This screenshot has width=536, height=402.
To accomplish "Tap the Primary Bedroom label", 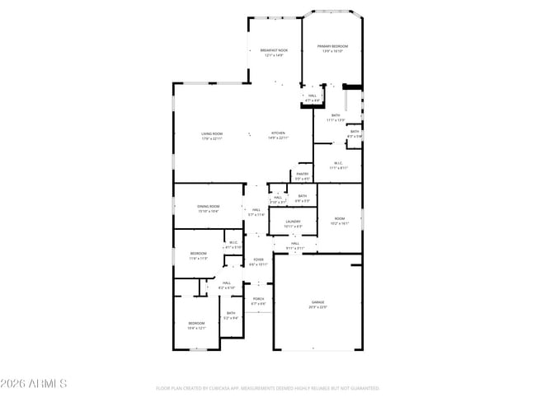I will pyautogui.click(x=333, y=48).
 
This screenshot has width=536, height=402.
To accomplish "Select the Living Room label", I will pyautogui.click(x=212, y=136).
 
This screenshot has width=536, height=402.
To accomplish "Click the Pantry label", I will pyautogui.click(x=303, y=175).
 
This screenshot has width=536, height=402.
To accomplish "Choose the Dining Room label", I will pyautogui.click(x=208, y=208).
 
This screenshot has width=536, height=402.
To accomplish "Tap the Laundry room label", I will pyautogui.click(x=293, y=223).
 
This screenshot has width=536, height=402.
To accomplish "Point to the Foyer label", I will pyautogui.click(x=258, y=262).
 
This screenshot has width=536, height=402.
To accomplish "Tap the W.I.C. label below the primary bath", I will pyautogui.click(x=339, y=165).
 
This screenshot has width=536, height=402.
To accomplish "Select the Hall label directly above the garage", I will pyautogui.click(x=295, y=245).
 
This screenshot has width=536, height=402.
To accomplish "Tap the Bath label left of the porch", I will pyautogui.click(x=231, y=315).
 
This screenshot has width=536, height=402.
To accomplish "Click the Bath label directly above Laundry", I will pyautogui.click(x=303, y=199).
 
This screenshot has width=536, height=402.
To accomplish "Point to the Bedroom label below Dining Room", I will pyautogui.click(x=198, y=255).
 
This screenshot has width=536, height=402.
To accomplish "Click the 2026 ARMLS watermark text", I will pyautogui.click(x=34, y=384).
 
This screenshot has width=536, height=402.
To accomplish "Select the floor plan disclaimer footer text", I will pyautogui.click(x=267, y=387).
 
